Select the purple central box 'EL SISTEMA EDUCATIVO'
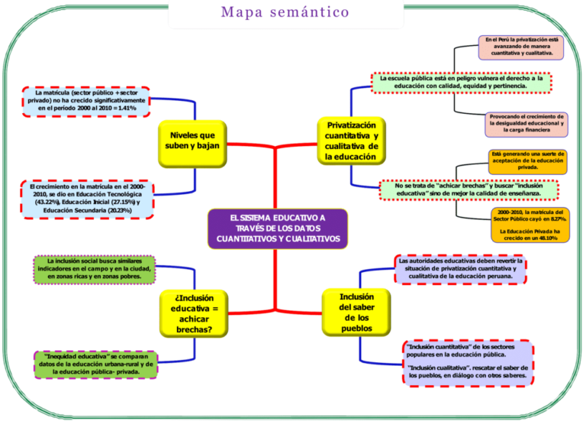pos(277,228)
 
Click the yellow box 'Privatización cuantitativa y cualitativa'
pos(352,140)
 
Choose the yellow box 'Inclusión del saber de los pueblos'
pos(352,312)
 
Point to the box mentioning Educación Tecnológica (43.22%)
pos(86,198)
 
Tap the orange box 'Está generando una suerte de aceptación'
pos(527,161)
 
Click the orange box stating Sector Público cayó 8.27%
pos(529,215)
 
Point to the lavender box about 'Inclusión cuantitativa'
pos(467,362)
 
